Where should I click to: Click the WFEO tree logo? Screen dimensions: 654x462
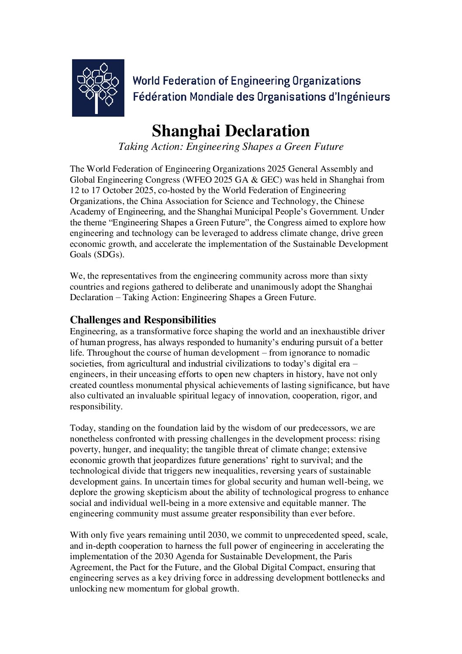coord(98,88)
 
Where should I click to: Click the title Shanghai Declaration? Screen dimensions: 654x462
coord(231,131)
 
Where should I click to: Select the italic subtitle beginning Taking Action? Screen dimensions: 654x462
coord(231,147)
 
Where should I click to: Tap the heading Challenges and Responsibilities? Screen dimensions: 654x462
coord(143,320)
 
